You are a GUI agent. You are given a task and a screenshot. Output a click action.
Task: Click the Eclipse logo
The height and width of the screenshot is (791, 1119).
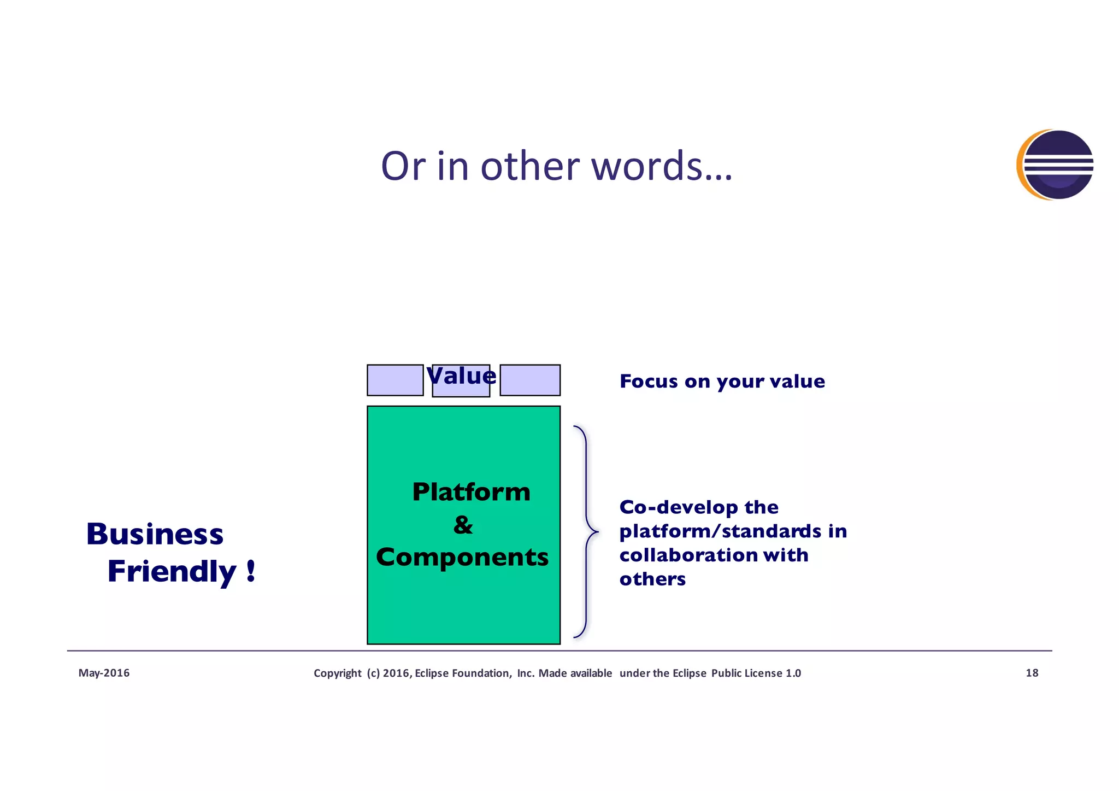pyautogui.click(x=1055, y=165)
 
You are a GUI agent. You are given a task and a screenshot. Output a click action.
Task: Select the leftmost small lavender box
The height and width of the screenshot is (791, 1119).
pyautogui.click(x=394, y=380)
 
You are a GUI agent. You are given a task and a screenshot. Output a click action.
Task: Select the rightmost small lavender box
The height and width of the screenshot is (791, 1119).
pyautogui.click(x=529, y=380)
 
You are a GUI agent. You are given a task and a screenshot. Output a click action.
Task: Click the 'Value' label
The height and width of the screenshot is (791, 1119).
pyautogui.click(x=461, y=376)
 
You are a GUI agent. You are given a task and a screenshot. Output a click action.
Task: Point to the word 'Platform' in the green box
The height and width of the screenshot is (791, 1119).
pyautogui.click(x=471, y=492)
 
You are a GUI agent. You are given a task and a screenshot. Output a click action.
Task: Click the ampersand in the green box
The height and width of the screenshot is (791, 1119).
pyautogui.click(x=463, y=525)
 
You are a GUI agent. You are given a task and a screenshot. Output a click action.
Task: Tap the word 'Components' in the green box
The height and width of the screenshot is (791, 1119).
pyautogui.click(x=462, y=558)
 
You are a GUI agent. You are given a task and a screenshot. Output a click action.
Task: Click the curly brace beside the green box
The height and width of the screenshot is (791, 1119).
pyautogui.click(x=586, y=531)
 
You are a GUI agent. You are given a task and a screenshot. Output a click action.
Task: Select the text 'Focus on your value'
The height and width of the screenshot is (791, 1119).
pyautogui.click(x=722, y=381)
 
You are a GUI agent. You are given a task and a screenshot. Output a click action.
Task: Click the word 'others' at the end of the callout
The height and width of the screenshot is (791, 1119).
pyautogui.click(x=652, y=579)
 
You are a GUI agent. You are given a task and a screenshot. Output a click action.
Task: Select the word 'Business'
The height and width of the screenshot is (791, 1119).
pyautogui.click(x=155, y=534)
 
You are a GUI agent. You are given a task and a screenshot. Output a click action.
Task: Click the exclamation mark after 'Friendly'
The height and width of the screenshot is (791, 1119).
pyautogui.click(x=250, y=571)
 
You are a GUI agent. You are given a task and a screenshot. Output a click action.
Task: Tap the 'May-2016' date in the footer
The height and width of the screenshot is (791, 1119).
pyautogui.click(x=104, y=673)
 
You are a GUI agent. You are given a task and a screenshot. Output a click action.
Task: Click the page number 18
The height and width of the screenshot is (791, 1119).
pyautogui.click(x=1032, y=673)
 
